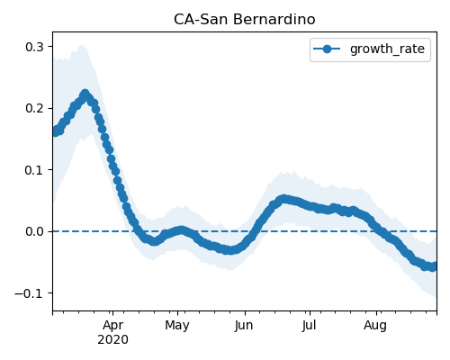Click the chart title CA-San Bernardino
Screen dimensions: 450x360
tap(245, 20)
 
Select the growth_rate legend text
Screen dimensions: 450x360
tap(387, 49)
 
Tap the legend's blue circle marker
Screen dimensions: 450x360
tap(327, 49)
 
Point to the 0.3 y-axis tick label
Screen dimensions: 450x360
tap(34, 47)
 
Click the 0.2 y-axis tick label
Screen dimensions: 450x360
tap(34, 108)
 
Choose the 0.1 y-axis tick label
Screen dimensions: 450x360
tap(34, 170)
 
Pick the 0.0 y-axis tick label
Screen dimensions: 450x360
tap(34, 231)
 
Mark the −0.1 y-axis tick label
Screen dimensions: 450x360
tap(29, 293)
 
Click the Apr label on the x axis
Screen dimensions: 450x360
tap(112, 325)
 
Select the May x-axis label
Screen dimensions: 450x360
tap(177, 325)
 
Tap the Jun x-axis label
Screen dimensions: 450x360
tap(244, 325)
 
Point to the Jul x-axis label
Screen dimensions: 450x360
tap(310, 325)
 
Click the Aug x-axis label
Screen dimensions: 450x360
tap(375, 325)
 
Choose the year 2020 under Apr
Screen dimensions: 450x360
tap(112, 339)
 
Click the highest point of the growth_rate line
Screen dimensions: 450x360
tap(85, 94)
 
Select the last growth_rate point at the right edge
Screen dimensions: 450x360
tap(433, 266)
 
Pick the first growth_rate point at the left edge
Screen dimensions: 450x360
tap(56, 131)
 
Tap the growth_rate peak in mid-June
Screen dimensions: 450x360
tap(283, 199)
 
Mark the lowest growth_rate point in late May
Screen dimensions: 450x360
tap(229, 250)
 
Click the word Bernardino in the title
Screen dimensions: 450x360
tap(274, 20)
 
